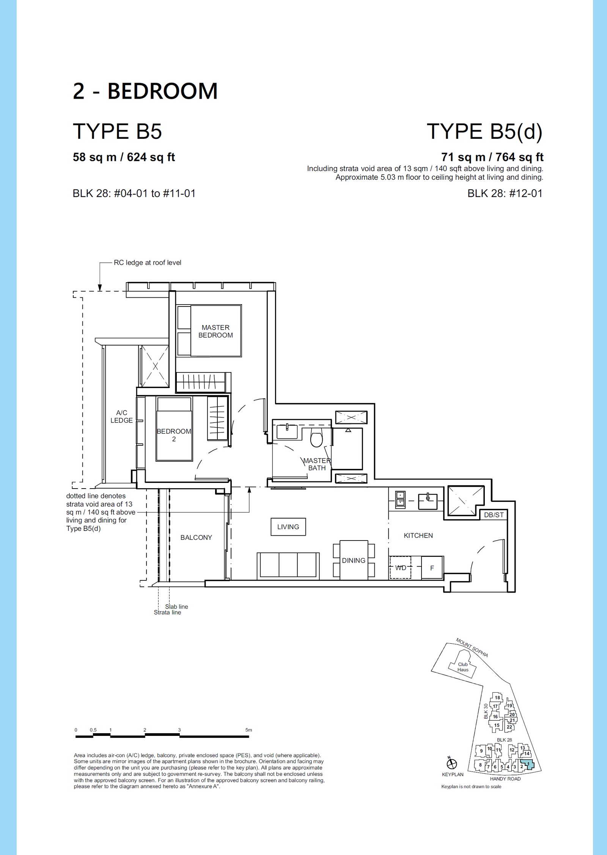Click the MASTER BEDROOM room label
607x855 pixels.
215,331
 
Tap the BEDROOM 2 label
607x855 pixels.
174,435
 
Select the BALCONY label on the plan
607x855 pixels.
196,538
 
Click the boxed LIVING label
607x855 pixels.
288,527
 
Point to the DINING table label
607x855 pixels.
354,560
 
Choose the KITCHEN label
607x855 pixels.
418,536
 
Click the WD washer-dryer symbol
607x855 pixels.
401,568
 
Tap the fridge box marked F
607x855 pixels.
432,568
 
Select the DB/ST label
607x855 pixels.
494,515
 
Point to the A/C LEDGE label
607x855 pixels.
121,416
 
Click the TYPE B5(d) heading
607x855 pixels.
485,132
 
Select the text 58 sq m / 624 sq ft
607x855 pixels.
124,157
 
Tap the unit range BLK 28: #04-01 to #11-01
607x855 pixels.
134,193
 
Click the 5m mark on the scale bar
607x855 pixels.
248,730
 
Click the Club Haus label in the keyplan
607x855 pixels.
463,667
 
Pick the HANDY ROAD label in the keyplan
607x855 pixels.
505,779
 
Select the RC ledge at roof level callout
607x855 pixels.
148,262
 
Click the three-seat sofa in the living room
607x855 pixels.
288,566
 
